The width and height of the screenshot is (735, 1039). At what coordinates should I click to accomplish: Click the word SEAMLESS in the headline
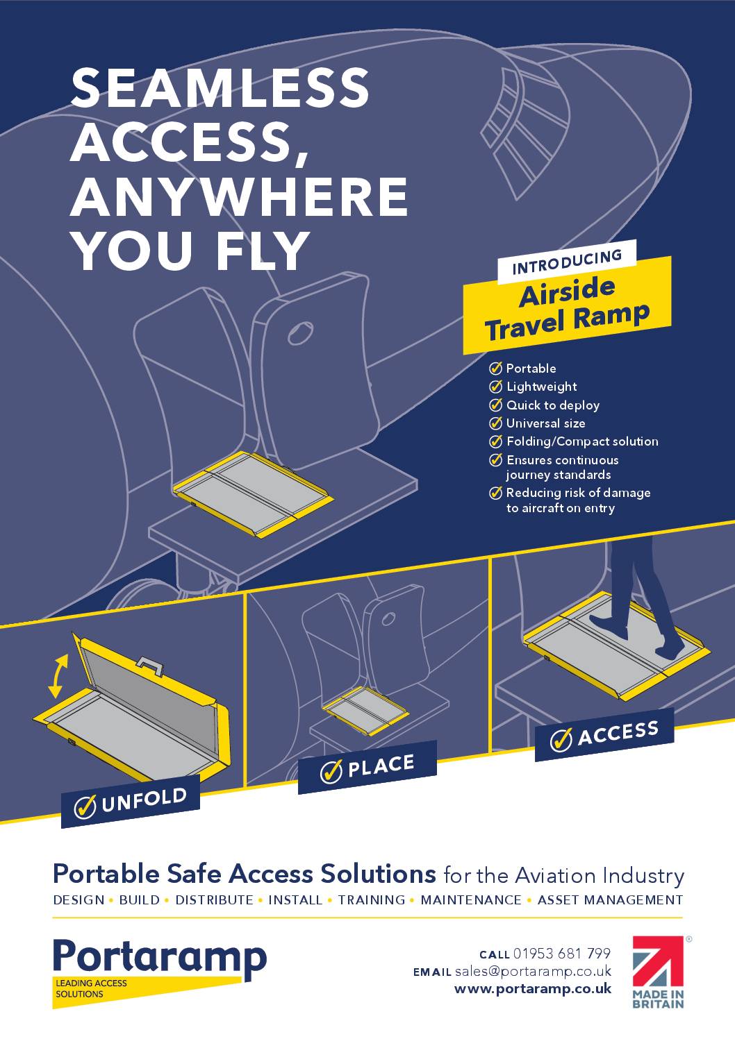[220, 87]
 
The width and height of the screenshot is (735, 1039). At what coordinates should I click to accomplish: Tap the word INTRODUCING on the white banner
[567, 262]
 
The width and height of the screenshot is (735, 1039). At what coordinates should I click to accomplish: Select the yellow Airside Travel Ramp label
[567, 305]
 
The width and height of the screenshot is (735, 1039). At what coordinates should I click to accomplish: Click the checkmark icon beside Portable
[495, 369]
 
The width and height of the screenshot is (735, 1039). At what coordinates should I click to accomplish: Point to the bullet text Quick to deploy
[552, 405]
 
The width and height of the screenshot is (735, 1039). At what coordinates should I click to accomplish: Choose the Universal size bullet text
[545, 423]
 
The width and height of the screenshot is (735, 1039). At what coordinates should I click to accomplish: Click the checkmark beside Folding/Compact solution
[495, 441]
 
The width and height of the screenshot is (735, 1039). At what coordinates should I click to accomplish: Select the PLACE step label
[367, 768]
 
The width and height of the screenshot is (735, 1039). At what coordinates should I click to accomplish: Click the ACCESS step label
[604, 735]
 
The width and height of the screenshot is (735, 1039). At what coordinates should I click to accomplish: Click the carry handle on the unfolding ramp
[149, 666]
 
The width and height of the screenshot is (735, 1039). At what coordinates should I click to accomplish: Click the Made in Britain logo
[659, 972]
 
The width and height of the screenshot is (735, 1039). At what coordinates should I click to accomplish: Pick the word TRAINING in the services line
[371, 900]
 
